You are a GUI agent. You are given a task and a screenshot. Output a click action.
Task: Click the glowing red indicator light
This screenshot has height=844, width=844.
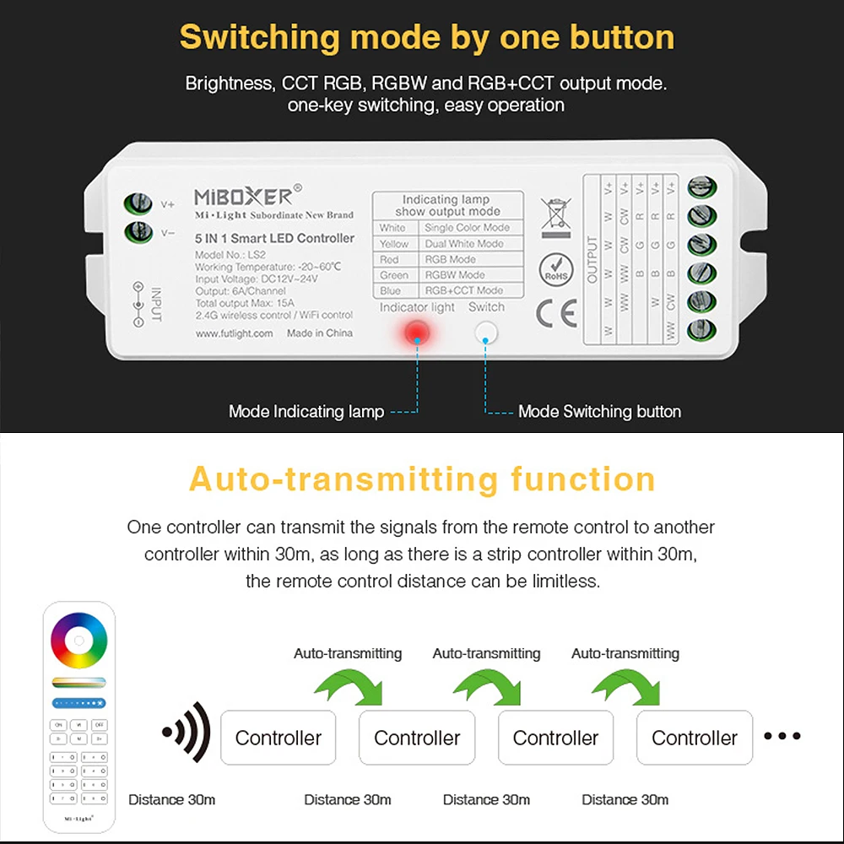[x=417, y=333]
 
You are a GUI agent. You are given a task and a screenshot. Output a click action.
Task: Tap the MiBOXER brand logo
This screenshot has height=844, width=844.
[x=244, y=197]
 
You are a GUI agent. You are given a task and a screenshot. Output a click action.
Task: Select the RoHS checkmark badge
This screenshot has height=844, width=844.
[x=556, y=269]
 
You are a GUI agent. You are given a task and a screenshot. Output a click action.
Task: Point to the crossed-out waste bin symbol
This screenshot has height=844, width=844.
[x=555, y=214]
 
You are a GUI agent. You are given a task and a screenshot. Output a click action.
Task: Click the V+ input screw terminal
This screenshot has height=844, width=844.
[x=138, y=203]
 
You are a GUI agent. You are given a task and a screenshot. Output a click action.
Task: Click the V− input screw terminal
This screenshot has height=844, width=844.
[x=138, y=232]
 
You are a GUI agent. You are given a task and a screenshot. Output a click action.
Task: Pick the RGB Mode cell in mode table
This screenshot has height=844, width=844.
[x=451, y=259]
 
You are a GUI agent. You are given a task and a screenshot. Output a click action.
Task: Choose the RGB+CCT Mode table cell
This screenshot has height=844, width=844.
[x=463, y=290]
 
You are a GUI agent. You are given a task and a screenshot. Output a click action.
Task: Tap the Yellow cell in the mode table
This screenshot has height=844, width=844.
[x=394, y=244]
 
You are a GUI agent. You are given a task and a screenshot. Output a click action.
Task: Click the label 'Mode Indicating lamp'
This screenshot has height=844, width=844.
[x=306, y=412]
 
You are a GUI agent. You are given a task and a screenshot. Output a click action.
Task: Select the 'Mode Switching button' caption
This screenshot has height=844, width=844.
[x=599, y=412]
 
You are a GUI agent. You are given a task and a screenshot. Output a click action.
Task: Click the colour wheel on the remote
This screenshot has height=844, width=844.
[x=78, y=641]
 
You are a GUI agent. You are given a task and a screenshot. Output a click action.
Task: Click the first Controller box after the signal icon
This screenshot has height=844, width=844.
[x=278, y=738]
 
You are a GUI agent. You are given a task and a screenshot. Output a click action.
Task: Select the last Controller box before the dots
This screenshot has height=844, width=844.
[x=694, y=738]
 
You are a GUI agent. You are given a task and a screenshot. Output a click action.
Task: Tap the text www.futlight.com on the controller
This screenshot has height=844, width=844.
[x=234, y=333]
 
